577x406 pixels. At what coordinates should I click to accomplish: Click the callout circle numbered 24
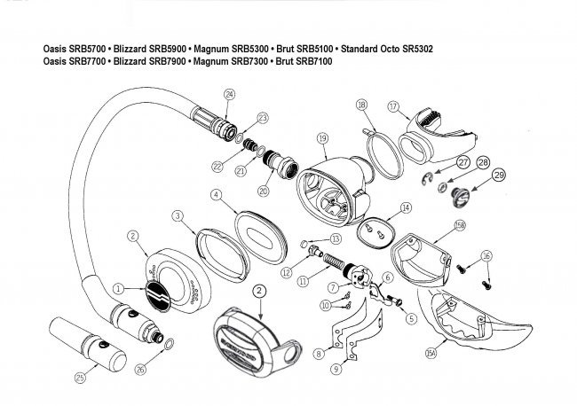click(x=230, y=94)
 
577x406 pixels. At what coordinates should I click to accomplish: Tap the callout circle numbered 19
click(x=322, y=138)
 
